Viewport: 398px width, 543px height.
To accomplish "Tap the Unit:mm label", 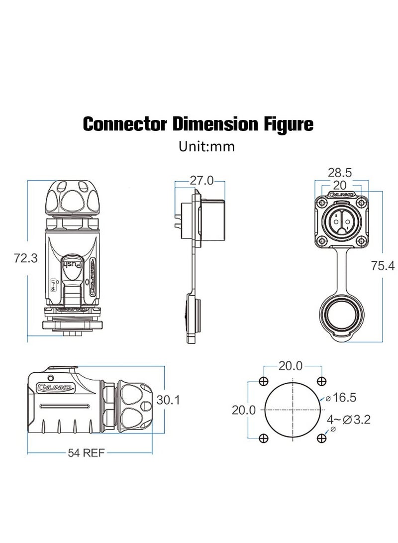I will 206,147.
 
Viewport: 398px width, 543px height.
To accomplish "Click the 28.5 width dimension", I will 340,173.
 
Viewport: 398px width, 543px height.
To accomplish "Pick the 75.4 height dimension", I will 383,266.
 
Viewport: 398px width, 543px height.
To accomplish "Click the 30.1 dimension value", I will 168,400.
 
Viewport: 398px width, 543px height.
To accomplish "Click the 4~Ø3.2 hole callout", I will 349,419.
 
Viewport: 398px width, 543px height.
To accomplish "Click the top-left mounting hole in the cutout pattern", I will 264,381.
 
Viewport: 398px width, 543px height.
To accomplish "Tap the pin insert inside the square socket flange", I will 339,220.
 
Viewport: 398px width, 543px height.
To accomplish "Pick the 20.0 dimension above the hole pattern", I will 290,366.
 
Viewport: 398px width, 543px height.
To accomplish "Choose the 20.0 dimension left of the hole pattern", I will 244,410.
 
